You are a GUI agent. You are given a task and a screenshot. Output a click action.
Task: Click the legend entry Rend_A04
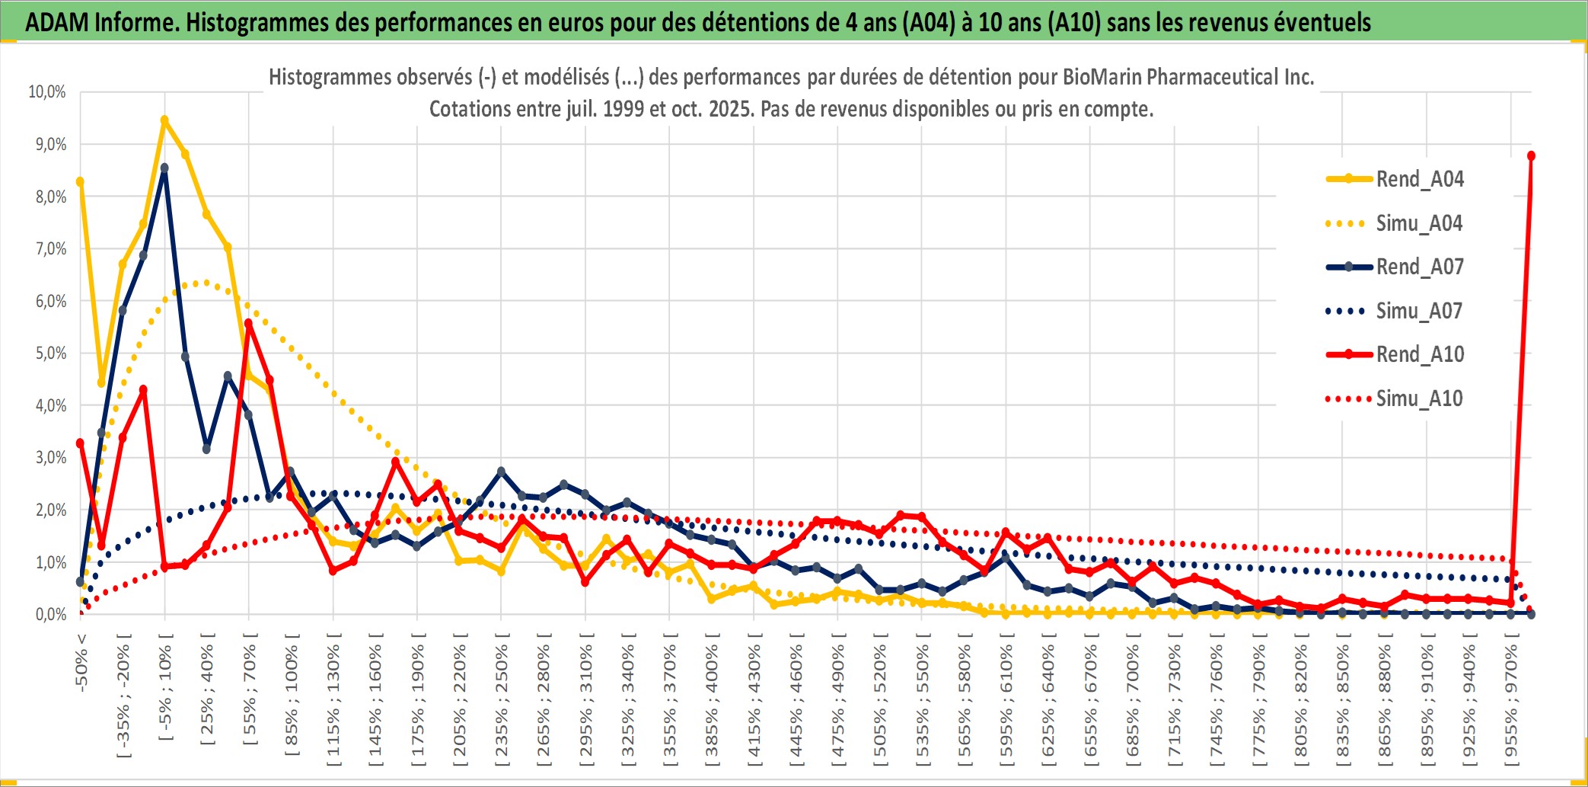point(1419,179)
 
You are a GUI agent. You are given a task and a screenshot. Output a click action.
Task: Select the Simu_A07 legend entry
point(1419,311)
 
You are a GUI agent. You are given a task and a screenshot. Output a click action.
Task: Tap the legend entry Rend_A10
point(1419,354)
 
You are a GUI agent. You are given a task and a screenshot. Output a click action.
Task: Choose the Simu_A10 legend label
point(1419,398)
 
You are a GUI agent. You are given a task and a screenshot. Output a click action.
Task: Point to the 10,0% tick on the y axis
point(47,92)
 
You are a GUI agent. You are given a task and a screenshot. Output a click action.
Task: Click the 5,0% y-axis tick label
point(50,354)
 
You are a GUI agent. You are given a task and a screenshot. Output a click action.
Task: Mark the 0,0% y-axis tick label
point(50,615)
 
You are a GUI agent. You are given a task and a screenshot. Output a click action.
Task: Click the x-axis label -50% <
point(81,661)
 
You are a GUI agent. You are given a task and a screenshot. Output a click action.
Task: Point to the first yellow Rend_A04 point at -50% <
point(80,181)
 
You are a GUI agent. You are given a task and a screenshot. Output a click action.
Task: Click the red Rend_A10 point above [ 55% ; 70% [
point(249,324)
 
